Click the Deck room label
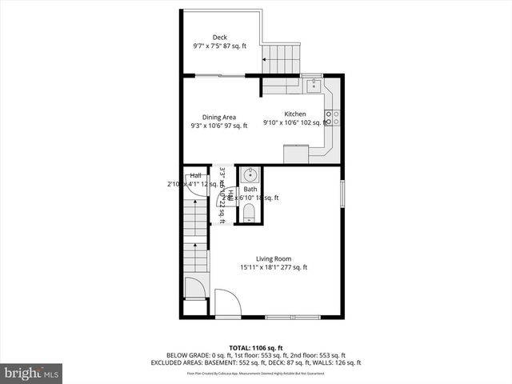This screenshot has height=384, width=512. pyautogui.click(x=219, y=37)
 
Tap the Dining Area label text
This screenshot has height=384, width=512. pyautogui.click(x=218, y=117)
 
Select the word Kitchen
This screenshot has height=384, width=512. pyautogui.click(x=295, y=114)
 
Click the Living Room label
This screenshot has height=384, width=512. pyautogui.click(x=274, y=258)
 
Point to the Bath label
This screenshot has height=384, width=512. pyautogui.click(x=250, y=189)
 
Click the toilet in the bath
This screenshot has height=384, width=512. pyautogui.click(x=249, y=212)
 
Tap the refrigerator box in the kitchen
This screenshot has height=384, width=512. pyautogui.click(x=295, y=153)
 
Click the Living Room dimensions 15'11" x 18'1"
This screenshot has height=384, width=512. pyautogui.click(x=274, y=268)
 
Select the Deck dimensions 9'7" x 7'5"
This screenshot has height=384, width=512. pyautogui.click(x=219, y=46)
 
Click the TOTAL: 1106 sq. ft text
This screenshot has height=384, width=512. pyautogui.click(x=255, y=347)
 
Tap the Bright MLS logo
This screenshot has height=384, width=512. pyautogui.click(x=31, y=373)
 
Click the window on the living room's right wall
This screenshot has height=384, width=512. pyautogui.click(x=342, y=195)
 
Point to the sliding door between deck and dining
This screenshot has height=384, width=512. pyautogui.click(x=218, y=75)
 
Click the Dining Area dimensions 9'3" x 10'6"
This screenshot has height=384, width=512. pyautogui.click(x=218, y=126)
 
